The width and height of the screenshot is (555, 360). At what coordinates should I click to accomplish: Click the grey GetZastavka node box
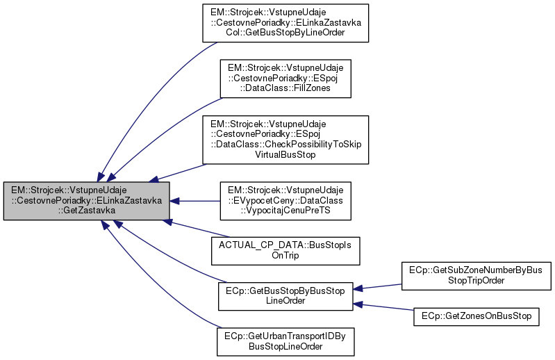(x=86, y=201)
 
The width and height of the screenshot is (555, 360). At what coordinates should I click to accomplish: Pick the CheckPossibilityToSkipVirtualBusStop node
(x=286, y=138)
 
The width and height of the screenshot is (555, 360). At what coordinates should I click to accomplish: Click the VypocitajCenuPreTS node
(x=286, y=201)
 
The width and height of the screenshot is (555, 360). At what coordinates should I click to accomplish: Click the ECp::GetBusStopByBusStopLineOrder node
(x=285, y=293)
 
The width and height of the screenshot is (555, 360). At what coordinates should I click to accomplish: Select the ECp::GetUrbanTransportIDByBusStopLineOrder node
(x=285, y=339)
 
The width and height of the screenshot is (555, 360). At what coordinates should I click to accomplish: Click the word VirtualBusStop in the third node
(x=286, y=155)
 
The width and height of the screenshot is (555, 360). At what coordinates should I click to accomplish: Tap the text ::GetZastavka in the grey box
(x=86, y=211)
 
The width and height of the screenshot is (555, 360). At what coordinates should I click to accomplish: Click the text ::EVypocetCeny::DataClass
(x=286, y=201)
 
